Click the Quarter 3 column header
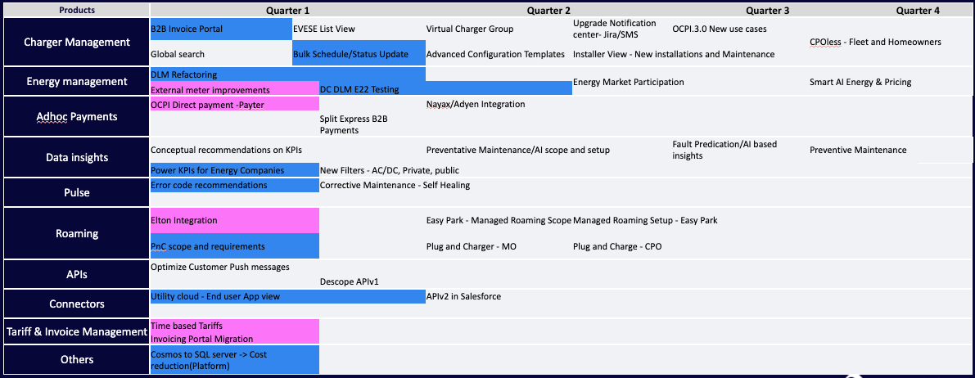click(769, 11)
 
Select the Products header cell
click(77, 11)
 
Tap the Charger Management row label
click(77, 42)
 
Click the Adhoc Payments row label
click(77, 116)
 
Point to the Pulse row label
click(77, 192)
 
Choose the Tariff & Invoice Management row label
click(77, 331)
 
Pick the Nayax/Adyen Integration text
click(476, 105)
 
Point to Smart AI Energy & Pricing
click(860, 82)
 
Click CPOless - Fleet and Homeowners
click(875, 42)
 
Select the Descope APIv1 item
click(349, 281)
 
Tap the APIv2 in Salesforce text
click(463, 296)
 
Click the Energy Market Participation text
click(628, 82)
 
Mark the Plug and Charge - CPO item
click(616, 246)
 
